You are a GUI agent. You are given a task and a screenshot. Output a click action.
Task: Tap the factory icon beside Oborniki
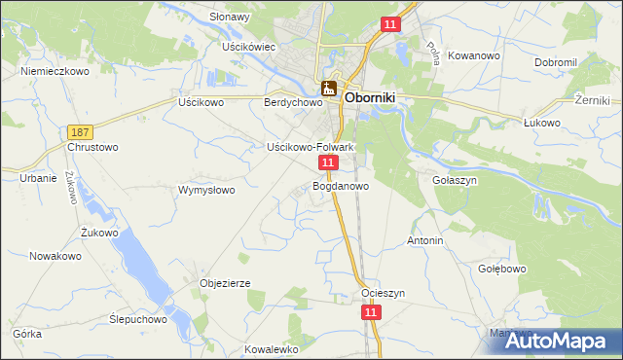click(330, 90)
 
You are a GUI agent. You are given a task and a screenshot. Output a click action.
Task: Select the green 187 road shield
click(82, 131)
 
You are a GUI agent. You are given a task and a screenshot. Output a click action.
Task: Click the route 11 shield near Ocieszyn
click(370, 311)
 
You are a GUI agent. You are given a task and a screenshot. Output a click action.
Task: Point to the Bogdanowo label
click(341, 185)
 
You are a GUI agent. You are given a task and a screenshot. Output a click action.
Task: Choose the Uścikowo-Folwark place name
click(310, 147)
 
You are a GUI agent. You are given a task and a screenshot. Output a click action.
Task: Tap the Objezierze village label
click(226, 283)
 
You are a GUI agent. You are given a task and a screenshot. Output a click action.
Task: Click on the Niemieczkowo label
click(55, 71)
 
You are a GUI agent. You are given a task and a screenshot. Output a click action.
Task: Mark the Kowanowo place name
click(475, 55)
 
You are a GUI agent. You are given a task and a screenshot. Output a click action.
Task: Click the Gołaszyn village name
click(453, 180)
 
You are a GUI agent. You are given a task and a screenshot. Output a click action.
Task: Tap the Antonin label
click(425, 240)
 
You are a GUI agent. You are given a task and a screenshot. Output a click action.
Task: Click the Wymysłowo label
click(206, 190)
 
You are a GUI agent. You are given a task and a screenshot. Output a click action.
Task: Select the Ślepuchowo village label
click(138, 318)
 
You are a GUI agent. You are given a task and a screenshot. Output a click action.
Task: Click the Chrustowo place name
click(92, 148)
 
